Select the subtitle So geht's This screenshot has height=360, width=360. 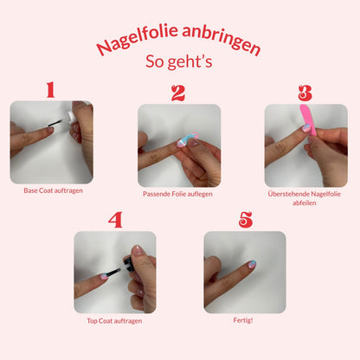coord(179,61)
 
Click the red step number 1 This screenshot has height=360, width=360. coord(51,89)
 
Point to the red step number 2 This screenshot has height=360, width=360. coord(178,93)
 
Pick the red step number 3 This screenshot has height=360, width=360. coord(305,93)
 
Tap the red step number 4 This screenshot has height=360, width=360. coord(115,220)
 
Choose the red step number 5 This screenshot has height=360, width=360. coord(246,220)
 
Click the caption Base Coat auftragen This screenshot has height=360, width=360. coord(54,190)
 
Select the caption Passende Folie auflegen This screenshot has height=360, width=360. coord(177,194)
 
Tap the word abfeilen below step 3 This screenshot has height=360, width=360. coord(305,203)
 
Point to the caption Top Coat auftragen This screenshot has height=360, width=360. coord(114,321)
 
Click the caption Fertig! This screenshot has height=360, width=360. coord(243,320)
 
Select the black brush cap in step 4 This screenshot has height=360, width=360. coord(129,263)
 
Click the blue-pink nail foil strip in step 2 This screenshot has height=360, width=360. coord(187,139)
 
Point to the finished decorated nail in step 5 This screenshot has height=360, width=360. coord(252,265)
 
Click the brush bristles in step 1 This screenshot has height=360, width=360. coord(55,123)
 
